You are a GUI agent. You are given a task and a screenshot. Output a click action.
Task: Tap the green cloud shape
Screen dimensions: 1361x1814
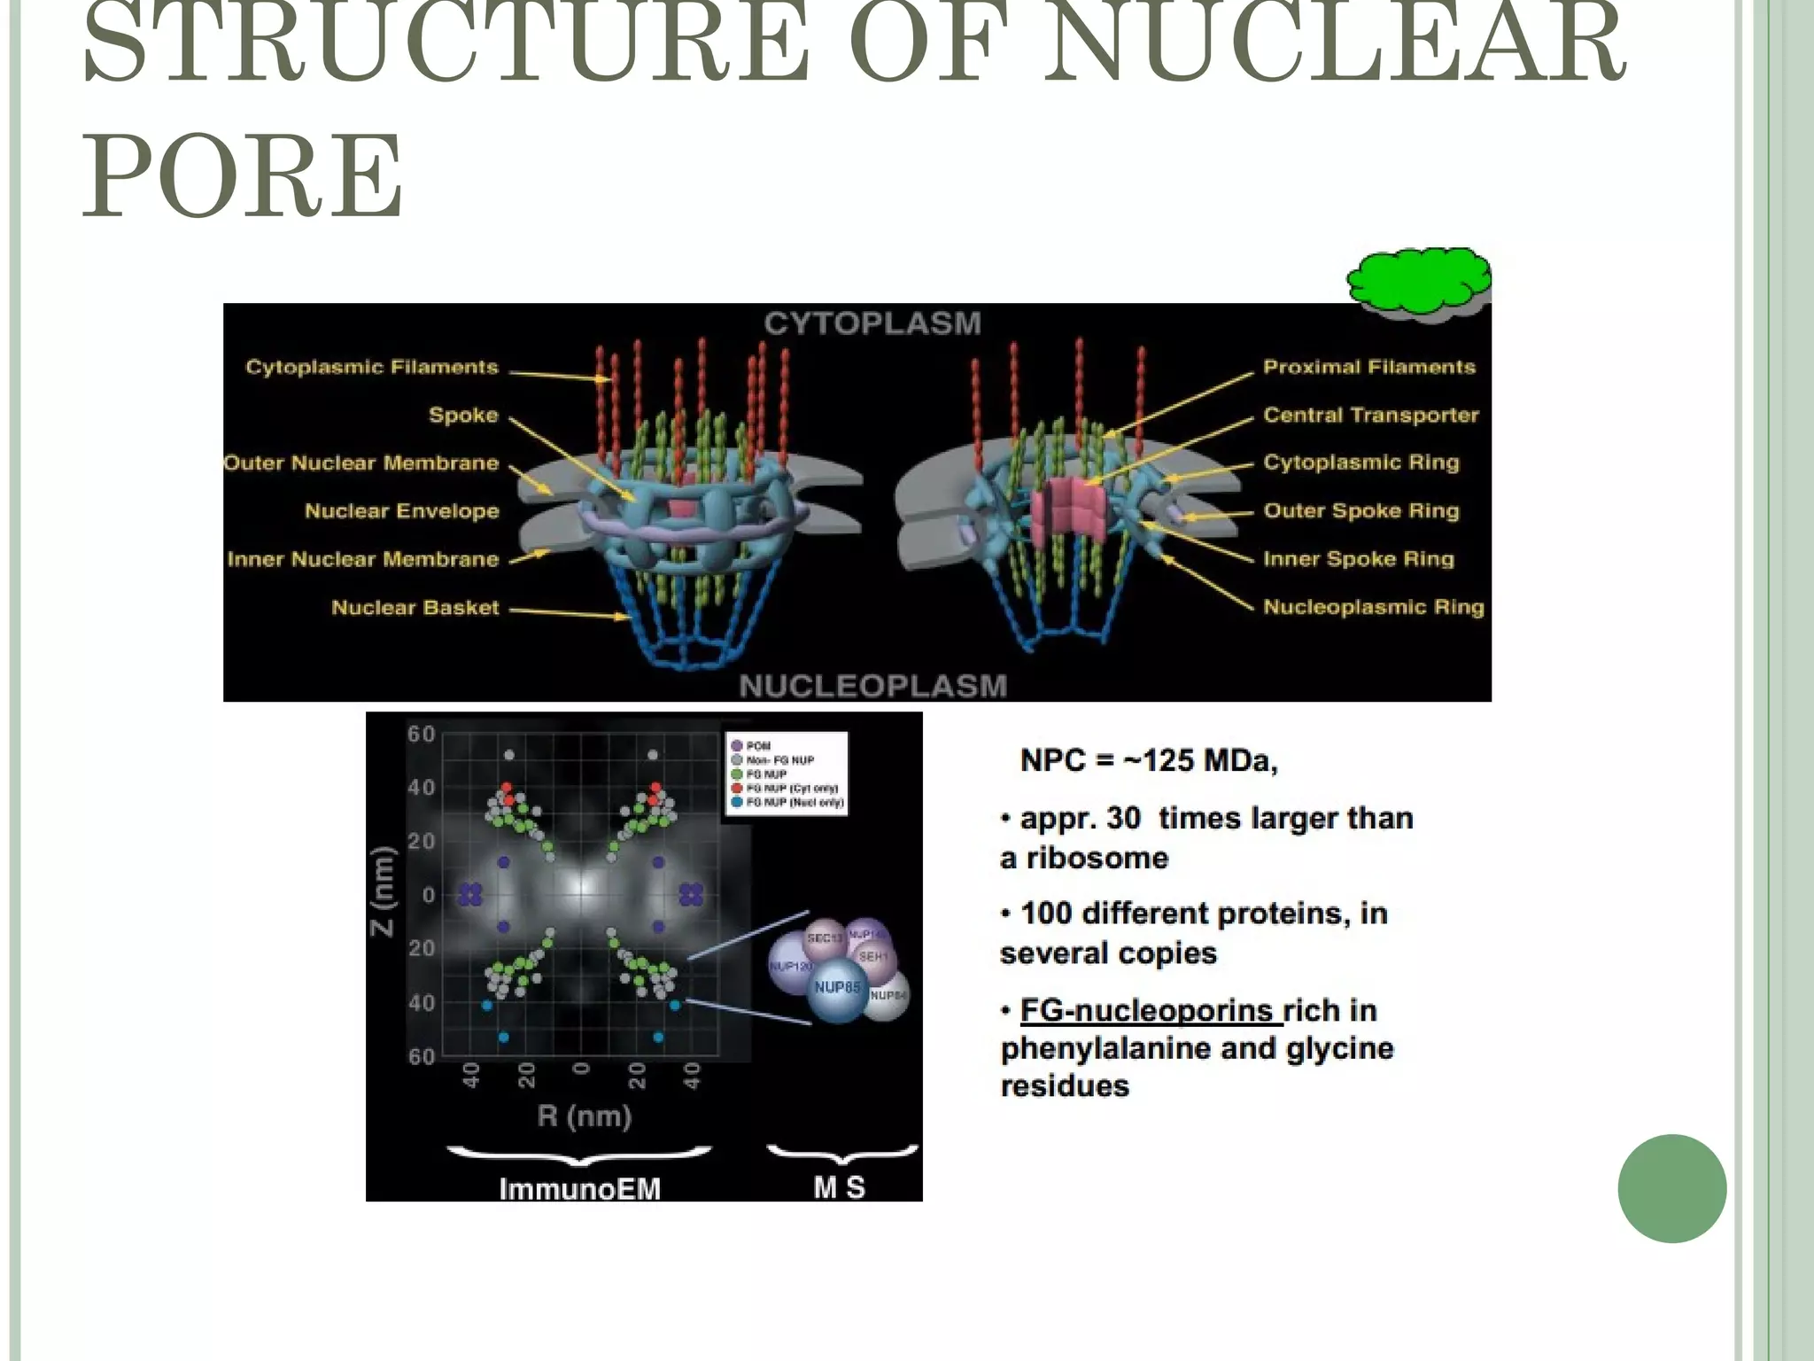(1419, 283)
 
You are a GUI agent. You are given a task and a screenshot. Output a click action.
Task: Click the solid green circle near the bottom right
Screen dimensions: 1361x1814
(1671, 1188)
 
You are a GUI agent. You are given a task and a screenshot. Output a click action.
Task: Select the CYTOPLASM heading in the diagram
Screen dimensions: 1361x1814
(872, 323)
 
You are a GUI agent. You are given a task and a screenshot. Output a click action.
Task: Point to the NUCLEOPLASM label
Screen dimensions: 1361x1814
(872, 686)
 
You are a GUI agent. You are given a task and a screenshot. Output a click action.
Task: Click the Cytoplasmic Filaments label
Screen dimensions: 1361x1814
(372, 367)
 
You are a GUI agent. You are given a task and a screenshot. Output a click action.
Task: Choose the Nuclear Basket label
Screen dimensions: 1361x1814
(415, 608)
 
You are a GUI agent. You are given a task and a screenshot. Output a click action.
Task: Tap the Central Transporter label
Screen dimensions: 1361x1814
(1370, 415)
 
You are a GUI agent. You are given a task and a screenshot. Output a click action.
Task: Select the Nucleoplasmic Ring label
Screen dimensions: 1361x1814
(1373, 607)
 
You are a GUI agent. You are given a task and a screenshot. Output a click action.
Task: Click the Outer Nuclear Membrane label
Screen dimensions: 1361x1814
(361, 463)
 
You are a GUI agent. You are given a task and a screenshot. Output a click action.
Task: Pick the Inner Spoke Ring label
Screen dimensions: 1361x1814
(1359, 558)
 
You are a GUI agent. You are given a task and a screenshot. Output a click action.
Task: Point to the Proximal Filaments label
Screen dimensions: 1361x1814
(1368, 367)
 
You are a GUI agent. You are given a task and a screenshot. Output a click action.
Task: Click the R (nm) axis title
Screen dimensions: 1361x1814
(584, 1116)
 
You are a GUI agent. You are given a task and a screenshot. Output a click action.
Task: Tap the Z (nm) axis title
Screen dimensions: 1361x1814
(382, 891)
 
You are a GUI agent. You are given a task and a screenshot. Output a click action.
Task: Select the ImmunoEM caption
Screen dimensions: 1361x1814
(579, 1188)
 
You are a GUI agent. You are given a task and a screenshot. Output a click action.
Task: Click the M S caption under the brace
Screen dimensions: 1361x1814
(839, 1186)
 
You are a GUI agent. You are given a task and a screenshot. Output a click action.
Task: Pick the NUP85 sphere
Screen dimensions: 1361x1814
(836, 988)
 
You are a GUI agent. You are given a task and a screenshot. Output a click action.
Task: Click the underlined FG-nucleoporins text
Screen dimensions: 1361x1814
(1146, 1010)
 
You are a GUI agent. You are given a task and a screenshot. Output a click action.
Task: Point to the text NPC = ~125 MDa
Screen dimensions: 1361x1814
(1149, 760)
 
